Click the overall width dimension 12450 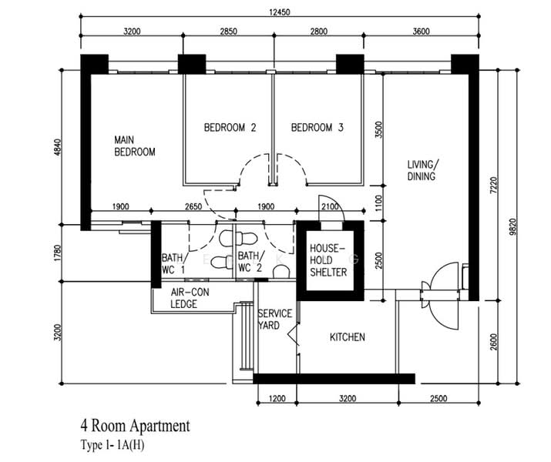[280, 12]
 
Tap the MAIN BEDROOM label [135, 146]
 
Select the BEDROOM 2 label [230, 127]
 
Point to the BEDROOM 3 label [317, 127]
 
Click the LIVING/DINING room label [423, 170]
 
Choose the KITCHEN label [348, 337]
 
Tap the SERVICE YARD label [275, 319]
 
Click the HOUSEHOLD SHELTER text [328, 260]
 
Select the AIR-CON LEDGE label [190, 298]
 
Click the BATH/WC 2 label [250, 262]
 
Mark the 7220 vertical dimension [494, 185]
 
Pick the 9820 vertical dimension [512, 227]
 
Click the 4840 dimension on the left [58, 148]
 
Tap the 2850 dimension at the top [228, 32]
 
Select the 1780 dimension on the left [58, 253]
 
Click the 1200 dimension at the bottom [277, 398]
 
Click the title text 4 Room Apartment [136, 426]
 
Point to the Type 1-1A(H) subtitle [113, 445]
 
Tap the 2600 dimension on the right [494, 342]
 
